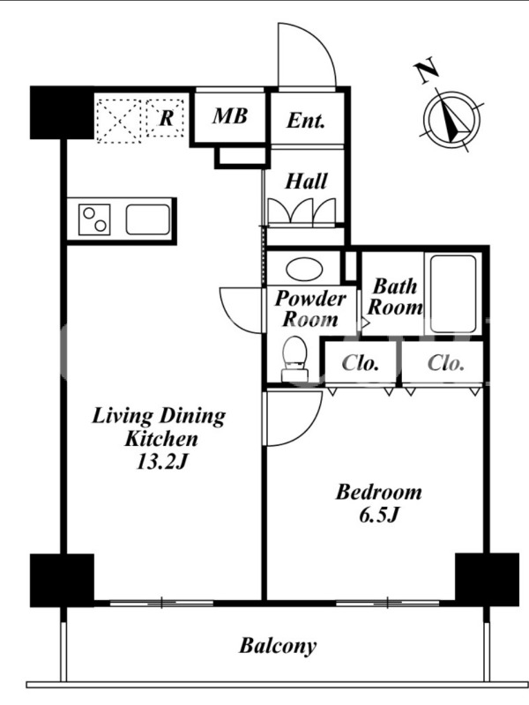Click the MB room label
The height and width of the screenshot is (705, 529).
[230, 116]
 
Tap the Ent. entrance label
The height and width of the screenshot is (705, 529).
[306, 120]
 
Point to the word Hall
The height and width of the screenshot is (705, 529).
[306, 182]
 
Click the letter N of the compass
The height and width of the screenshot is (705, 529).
[426, 70]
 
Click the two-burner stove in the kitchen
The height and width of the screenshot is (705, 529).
[94, 219]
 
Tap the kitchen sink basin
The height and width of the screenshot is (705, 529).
[148, 219]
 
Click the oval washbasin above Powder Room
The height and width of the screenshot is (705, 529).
[304, 270]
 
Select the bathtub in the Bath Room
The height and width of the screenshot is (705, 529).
[453, 294]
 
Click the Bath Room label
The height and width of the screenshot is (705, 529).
[395, 297]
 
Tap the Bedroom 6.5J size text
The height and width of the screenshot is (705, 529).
[379, 516]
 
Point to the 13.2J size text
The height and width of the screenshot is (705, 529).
[160, 462]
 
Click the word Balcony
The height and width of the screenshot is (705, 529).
[278, 646]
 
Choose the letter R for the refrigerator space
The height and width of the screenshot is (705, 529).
[167, 118]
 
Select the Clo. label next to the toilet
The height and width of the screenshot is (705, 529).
[360, 363]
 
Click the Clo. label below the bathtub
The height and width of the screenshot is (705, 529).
[445, 363]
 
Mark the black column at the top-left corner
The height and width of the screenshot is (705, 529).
[62, 113]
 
